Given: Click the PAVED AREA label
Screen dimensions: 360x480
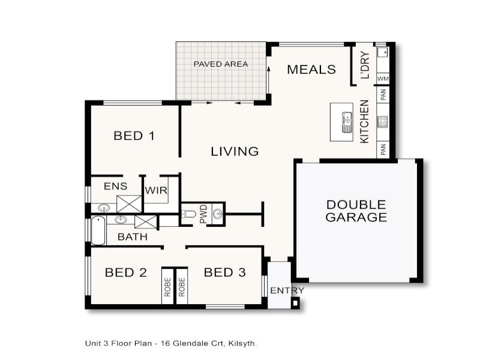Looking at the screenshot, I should (x=220, y=64).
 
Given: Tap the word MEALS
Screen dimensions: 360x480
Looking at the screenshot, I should (x=311, y=70).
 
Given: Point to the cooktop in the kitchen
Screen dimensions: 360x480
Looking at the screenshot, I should (x=382, y=122).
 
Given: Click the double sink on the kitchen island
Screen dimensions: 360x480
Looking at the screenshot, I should (x=347, y=122).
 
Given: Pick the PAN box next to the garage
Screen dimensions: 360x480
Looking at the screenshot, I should (x=382, y=148).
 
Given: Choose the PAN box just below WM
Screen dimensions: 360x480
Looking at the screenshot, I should (x=382, y=94).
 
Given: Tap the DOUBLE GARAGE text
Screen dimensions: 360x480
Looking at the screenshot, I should (x=356, y=211).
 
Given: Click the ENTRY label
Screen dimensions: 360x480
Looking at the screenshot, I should (x=287, y=291).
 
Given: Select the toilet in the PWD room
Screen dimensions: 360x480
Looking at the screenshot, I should (x=190, y=214).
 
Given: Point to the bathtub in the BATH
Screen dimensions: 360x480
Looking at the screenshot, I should (x=97, y=229).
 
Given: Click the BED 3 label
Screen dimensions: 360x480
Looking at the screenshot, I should (x=224, y=273).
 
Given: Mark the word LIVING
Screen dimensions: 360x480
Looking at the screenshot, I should (x=235, y=152).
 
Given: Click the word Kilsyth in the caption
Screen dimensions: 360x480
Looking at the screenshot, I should (x=244, y=344).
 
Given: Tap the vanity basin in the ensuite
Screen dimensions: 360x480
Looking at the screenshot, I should (x=103, y=208).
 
